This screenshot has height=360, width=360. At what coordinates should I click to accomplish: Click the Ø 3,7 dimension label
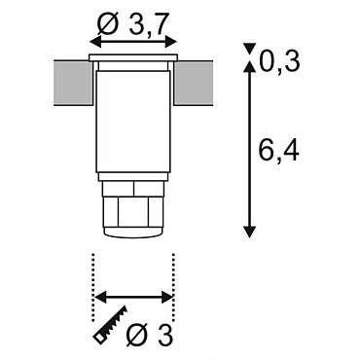coord(132,24)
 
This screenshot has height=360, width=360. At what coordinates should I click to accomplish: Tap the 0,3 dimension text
coord(279,61)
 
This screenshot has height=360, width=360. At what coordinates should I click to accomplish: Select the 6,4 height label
coord(279,151)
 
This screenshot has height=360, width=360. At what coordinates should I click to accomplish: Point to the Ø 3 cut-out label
coord(149,335)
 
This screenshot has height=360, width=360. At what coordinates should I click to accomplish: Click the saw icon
coord(110,323)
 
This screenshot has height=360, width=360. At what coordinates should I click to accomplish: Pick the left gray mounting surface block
coord(73,83)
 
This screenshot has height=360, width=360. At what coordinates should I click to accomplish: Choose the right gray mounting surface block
coord(194,83)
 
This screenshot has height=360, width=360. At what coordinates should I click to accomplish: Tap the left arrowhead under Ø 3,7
coord(95,42)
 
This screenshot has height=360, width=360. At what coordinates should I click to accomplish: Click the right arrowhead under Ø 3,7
coord(171,42)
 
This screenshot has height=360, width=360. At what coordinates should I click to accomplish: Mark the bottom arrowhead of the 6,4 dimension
coord(249,232)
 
